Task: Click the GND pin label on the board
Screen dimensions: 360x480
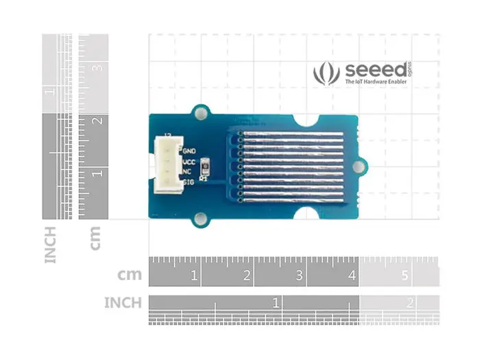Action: coord(189,149)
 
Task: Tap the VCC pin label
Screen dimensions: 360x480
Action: coord(189,161)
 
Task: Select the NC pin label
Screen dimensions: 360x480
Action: coord(187,171)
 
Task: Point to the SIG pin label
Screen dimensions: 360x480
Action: coord(189,182)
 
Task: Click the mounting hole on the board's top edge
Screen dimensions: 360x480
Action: coord(201,111)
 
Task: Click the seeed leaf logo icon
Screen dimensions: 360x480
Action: coord(326,73)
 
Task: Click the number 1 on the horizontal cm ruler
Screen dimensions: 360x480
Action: coord(195,276)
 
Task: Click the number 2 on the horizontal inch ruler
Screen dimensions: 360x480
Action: coord(409,302)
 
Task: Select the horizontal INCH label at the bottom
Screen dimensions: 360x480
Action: coord(123,302)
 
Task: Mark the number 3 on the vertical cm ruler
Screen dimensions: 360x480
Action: coord(98,69)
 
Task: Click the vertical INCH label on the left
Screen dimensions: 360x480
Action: coord(51,245)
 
